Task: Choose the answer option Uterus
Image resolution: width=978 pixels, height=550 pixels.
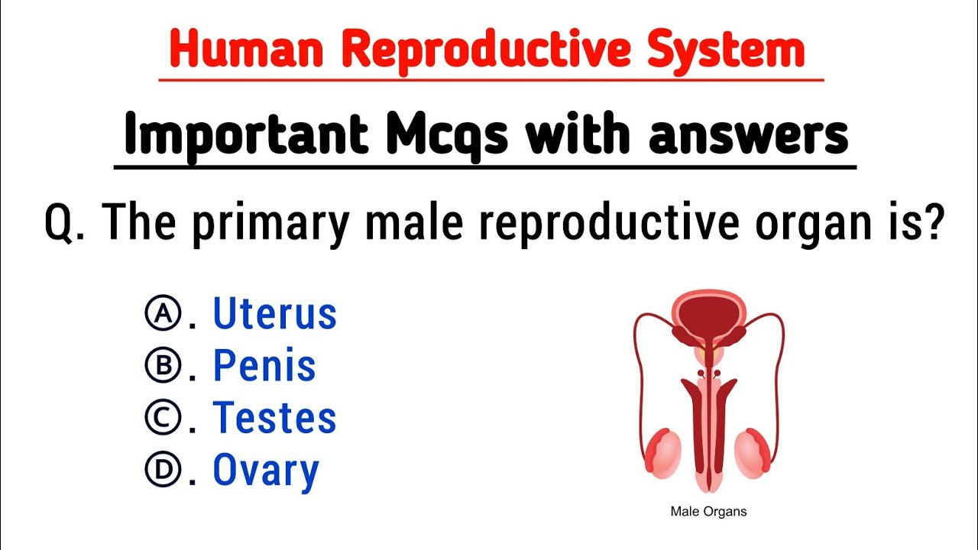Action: [274, 314]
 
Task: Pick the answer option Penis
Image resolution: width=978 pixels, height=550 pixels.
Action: [264, 366]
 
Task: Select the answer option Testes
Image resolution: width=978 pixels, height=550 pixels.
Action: [274, 418]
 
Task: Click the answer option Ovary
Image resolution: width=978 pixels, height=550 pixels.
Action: [265, 471]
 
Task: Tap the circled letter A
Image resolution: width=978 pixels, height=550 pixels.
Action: [162, 314]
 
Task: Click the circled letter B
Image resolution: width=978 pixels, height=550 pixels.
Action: [162, 366]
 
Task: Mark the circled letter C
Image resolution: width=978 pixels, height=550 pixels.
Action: [162, 418]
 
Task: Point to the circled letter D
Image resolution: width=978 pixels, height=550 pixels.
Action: [162, 471]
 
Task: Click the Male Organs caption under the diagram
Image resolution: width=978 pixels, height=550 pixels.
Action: [708, 511]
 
